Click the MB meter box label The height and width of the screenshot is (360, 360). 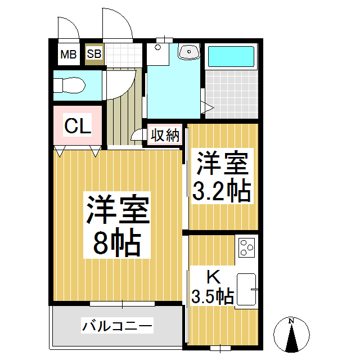(x=69, y=55)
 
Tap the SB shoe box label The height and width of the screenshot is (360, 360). (x=94, y=54)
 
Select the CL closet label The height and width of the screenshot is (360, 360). (x=78, y=125)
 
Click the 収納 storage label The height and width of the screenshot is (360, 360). (x=165, y=135)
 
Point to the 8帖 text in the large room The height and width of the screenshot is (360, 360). (x=117, y=242)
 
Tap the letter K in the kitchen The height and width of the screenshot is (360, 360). (x=214, y=277)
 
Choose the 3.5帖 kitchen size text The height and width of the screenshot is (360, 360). (x=213, y=296)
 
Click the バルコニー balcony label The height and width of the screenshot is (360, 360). (x=117, y=326)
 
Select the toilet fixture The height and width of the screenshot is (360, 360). (x=69, y=85)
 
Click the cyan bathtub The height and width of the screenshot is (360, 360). (x=231, y=56)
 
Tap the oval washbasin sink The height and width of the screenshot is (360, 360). (x=189, y=52)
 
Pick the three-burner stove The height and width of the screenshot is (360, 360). (x=247, y=247)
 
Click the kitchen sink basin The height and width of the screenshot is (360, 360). (x=246, y=289)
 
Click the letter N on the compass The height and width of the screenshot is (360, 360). (x=291, y=321)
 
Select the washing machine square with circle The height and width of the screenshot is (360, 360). (x=157, y=54)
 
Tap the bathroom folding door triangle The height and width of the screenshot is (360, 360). (x=208, y=107)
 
